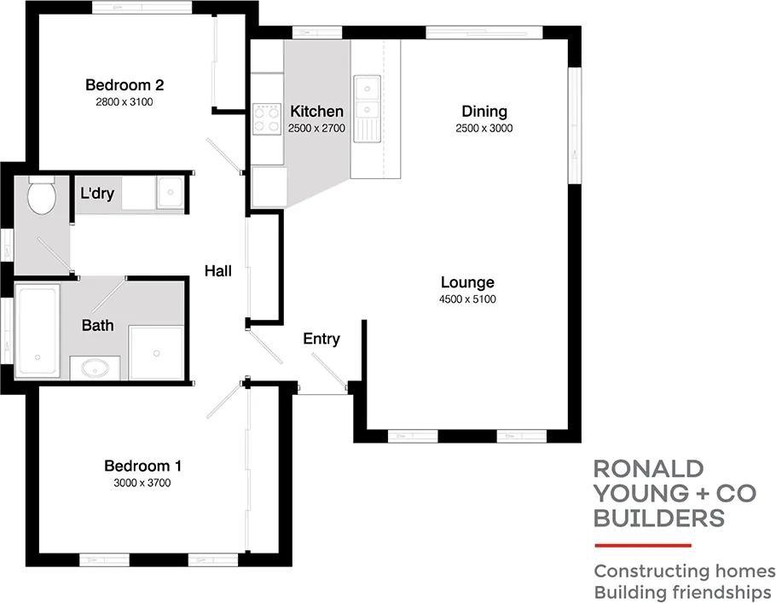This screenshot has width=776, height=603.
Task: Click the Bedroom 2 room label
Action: click(x=125, y=85)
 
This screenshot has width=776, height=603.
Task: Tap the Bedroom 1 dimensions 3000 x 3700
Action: click(x=142, y=483)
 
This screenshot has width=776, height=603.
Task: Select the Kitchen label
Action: click(x=317, y=112)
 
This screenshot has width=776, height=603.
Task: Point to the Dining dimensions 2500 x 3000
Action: click(x=484, y=129)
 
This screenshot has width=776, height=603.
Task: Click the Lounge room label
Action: click(x=467, y=283)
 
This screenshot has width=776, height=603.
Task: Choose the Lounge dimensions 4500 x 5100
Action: click(x=467, y=299)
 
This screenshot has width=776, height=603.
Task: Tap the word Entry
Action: click(x=321, y=339)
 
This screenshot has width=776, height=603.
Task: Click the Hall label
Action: click(x=218, y=271)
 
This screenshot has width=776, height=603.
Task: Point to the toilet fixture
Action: click(x=40, y=195)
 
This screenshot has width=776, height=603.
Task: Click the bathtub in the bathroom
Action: click(x=38, y=331)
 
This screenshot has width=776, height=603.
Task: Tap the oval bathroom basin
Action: click(x=96, y=368)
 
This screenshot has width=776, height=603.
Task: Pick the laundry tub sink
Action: click(x=171, y=193)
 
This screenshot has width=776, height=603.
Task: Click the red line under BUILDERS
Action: click(x=642, y=544)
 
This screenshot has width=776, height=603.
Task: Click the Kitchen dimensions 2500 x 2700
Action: click(x=317, y=128)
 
